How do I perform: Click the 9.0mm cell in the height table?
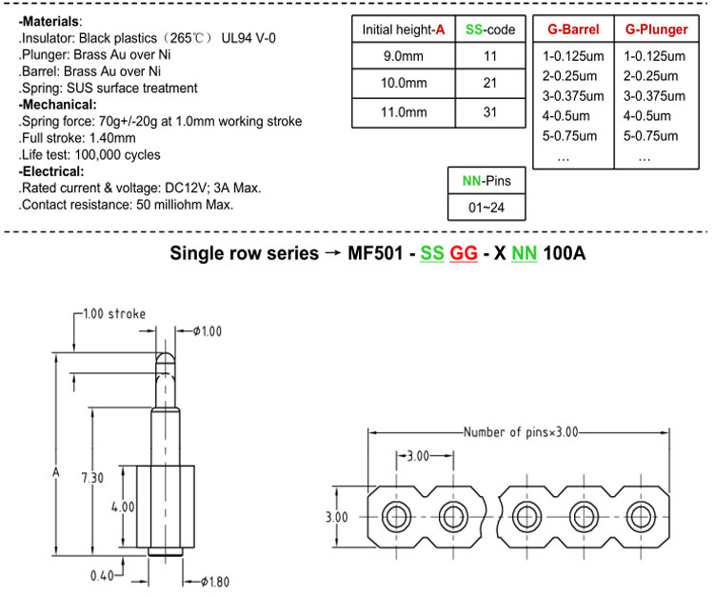tap(404, 56)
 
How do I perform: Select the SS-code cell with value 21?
tap(490, 83)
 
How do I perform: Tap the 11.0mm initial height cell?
tap(404, 112)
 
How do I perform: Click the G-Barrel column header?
tap(573, 30)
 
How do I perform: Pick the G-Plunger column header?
tap(656, 30)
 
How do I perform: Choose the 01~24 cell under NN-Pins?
tap(486, 208)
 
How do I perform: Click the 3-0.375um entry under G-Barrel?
tap(573, 96)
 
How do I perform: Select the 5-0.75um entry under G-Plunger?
tap(651, 136)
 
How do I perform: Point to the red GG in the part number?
tap(464, 253)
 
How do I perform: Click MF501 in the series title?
tap(375, 253)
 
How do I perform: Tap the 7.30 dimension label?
tap(92, 478)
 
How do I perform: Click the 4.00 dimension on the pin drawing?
tap(123, 507)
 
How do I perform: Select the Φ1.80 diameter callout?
tap(215, 582)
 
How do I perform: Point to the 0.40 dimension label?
tap(102, 576)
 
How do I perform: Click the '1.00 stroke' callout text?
tap(114, 314)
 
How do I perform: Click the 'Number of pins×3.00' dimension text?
tap(521, 431)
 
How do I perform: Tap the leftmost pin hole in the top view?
tap(397, 517)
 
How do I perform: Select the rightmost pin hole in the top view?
tap(641, 517)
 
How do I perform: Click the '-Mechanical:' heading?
tap(58, 105)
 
